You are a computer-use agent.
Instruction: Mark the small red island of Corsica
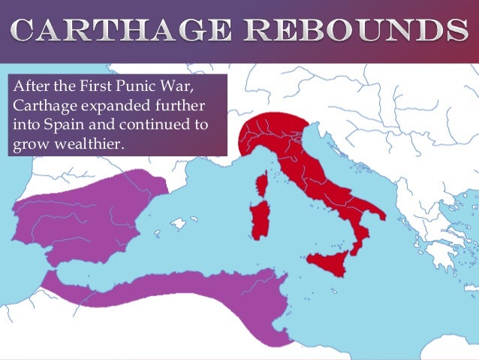[x=263, y=183]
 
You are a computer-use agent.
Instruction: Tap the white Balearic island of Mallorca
[x=179, y=223]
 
